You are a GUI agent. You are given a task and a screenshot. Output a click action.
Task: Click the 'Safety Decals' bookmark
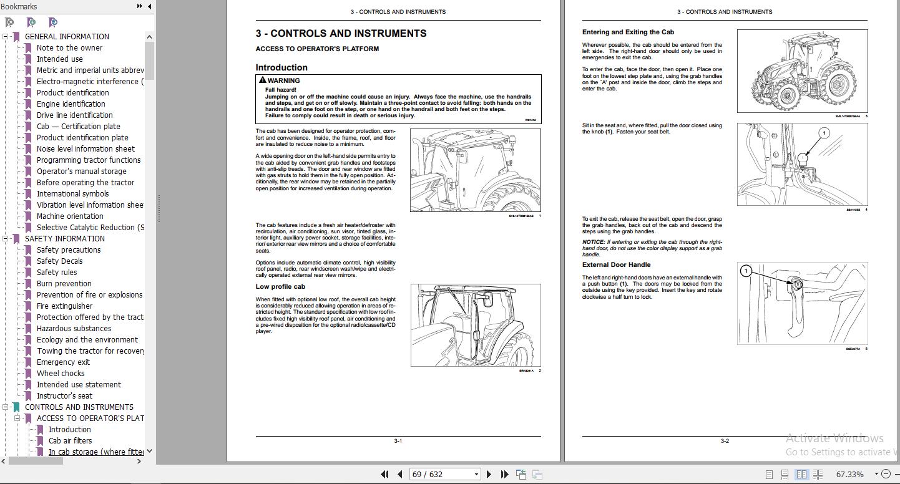59,261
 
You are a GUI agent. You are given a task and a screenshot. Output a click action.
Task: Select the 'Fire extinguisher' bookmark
64,306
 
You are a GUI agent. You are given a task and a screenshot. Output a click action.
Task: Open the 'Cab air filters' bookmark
70,441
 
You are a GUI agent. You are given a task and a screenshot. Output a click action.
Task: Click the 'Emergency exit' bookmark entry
63,362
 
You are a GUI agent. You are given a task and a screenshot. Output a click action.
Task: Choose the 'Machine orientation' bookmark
70,216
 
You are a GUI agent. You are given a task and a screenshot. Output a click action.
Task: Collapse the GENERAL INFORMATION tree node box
6,37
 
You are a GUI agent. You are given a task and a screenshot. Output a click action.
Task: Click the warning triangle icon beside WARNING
263,80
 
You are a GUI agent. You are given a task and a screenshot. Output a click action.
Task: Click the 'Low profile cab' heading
280,287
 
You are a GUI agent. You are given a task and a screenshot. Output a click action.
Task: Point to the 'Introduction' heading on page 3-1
281,67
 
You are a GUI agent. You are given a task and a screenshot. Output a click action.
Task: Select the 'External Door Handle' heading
616,264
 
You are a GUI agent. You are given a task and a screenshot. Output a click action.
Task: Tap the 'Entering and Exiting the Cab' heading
628,32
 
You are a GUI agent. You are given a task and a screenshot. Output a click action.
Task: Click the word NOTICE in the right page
594,242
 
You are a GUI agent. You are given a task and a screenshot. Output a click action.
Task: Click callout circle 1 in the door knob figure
823,133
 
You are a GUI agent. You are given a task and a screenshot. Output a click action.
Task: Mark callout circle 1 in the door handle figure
746,271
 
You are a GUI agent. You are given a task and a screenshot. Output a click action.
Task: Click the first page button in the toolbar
385,474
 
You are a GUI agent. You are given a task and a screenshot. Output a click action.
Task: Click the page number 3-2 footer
725,441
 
